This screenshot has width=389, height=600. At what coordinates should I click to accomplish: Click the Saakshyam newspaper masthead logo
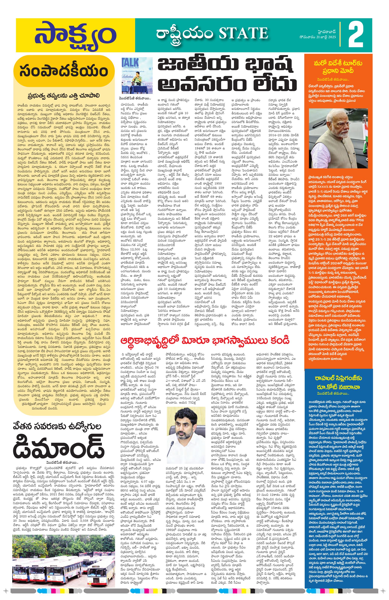click(75, 35)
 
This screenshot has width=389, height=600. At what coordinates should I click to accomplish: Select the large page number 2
click(356, 36)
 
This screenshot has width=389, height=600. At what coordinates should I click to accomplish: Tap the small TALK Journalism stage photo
click(137, 75)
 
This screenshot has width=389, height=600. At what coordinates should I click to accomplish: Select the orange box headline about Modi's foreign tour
click(338, 67)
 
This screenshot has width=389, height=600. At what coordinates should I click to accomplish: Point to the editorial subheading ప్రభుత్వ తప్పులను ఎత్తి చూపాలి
click(64, 96)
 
